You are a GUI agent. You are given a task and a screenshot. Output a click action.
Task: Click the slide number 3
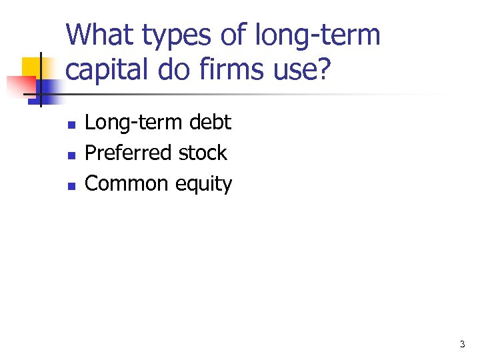point(462,345)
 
